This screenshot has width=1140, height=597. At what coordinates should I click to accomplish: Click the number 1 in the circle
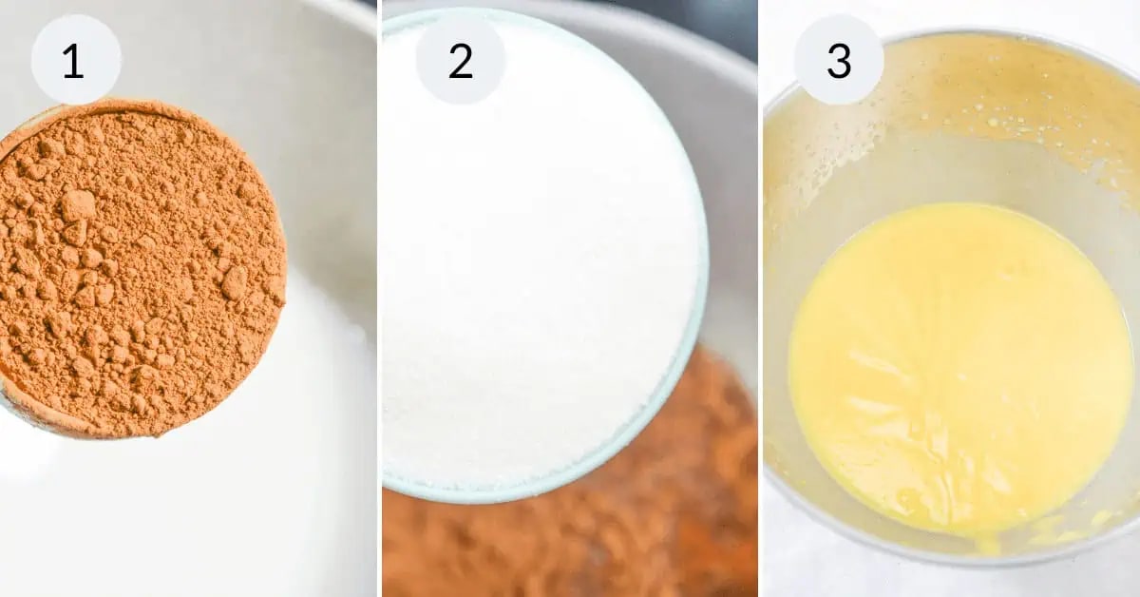[x=73, y=61]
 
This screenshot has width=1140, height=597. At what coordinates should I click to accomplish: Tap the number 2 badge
[x=461, y=60]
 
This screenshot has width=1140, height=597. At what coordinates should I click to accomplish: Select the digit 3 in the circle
[x=839, y=61]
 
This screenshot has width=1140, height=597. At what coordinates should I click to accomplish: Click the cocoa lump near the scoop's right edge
[x=236, y=283]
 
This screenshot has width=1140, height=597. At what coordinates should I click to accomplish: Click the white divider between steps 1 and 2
[x=380, y=298]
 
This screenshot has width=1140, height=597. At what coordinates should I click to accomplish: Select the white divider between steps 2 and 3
[x=760, y=298]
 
